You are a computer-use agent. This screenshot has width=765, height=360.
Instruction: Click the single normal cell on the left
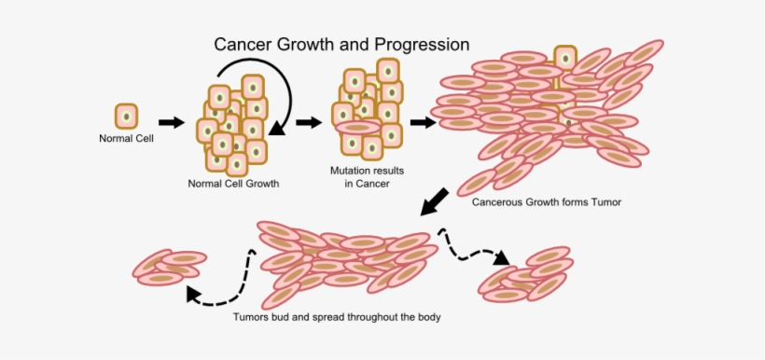126,117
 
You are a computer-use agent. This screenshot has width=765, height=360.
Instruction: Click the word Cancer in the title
242,44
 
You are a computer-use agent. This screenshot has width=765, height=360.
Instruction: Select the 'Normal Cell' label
126,140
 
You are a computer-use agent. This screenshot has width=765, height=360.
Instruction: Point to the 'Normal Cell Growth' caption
233,183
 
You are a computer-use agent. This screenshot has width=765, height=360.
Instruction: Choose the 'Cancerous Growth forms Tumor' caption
546,201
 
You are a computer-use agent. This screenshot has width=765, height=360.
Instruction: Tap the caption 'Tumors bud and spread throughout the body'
337,316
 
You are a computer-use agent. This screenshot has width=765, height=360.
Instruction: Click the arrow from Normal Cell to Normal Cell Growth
171,122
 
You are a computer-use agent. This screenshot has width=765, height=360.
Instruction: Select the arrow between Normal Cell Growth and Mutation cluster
309,122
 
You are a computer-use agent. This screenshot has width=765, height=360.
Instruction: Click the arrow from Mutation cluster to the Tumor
424,122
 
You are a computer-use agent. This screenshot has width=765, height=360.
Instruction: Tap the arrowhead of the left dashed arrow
193,295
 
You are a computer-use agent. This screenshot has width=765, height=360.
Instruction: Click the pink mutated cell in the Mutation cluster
357,128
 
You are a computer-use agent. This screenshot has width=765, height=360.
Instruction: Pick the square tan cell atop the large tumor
564,59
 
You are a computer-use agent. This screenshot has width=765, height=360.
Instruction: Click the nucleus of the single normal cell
126,117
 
